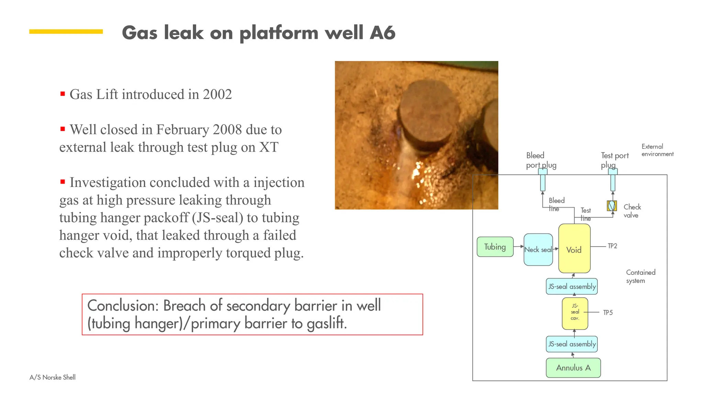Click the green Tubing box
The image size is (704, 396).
495,247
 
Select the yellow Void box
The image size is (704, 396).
574,249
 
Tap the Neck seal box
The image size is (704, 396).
538,250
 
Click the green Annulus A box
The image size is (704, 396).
573,368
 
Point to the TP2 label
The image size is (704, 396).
612,246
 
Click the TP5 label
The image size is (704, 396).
608,312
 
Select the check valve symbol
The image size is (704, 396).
612,206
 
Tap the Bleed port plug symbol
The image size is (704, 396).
542,180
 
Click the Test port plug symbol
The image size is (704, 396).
613,180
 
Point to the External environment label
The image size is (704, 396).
657,150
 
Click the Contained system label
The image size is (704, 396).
640,276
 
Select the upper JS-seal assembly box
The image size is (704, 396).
572,286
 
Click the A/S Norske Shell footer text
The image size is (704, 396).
53,377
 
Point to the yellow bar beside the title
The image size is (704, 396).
66,32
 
